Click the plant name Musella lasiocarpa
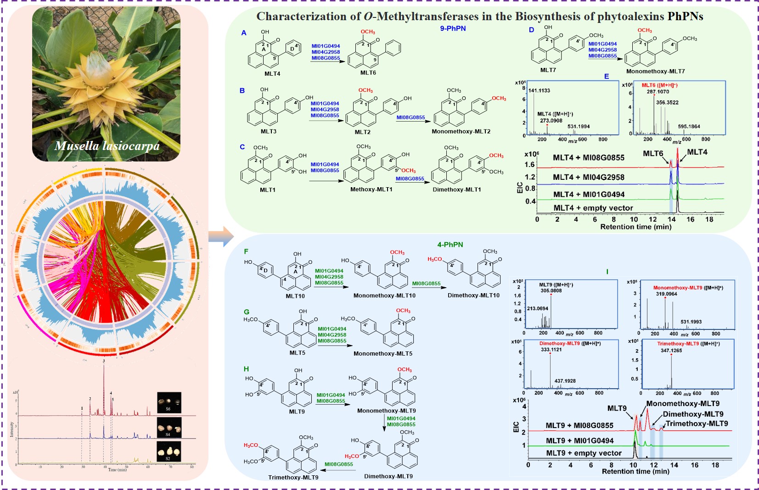coord(107,146)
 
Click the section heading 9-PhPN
coord(453,28)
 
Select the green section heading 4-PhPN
coord(450,245)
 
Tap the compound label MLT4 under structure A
coord(272,73)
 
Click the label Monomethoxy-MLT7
coord(655,71)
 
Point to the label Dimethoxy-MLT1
coord(456,189)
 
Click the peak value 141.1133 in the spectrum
coord(539,90)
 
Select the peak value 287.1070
coord(658,92)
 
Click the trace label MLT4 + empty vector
coord(593,208)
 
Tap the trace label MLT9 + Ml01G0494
coord(579,441)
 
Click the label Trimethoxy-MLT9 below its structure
coord(293,478)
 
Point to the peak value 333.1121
coord(551,350)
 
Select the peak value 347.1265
coord(671,351)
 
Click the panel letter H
coord(246,369)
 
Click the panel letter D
coord(531,30)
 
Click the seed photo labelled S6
coord(169,402)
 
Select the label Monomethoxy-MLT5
coord(382,354)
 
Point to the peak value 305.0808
coord(551,290)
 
